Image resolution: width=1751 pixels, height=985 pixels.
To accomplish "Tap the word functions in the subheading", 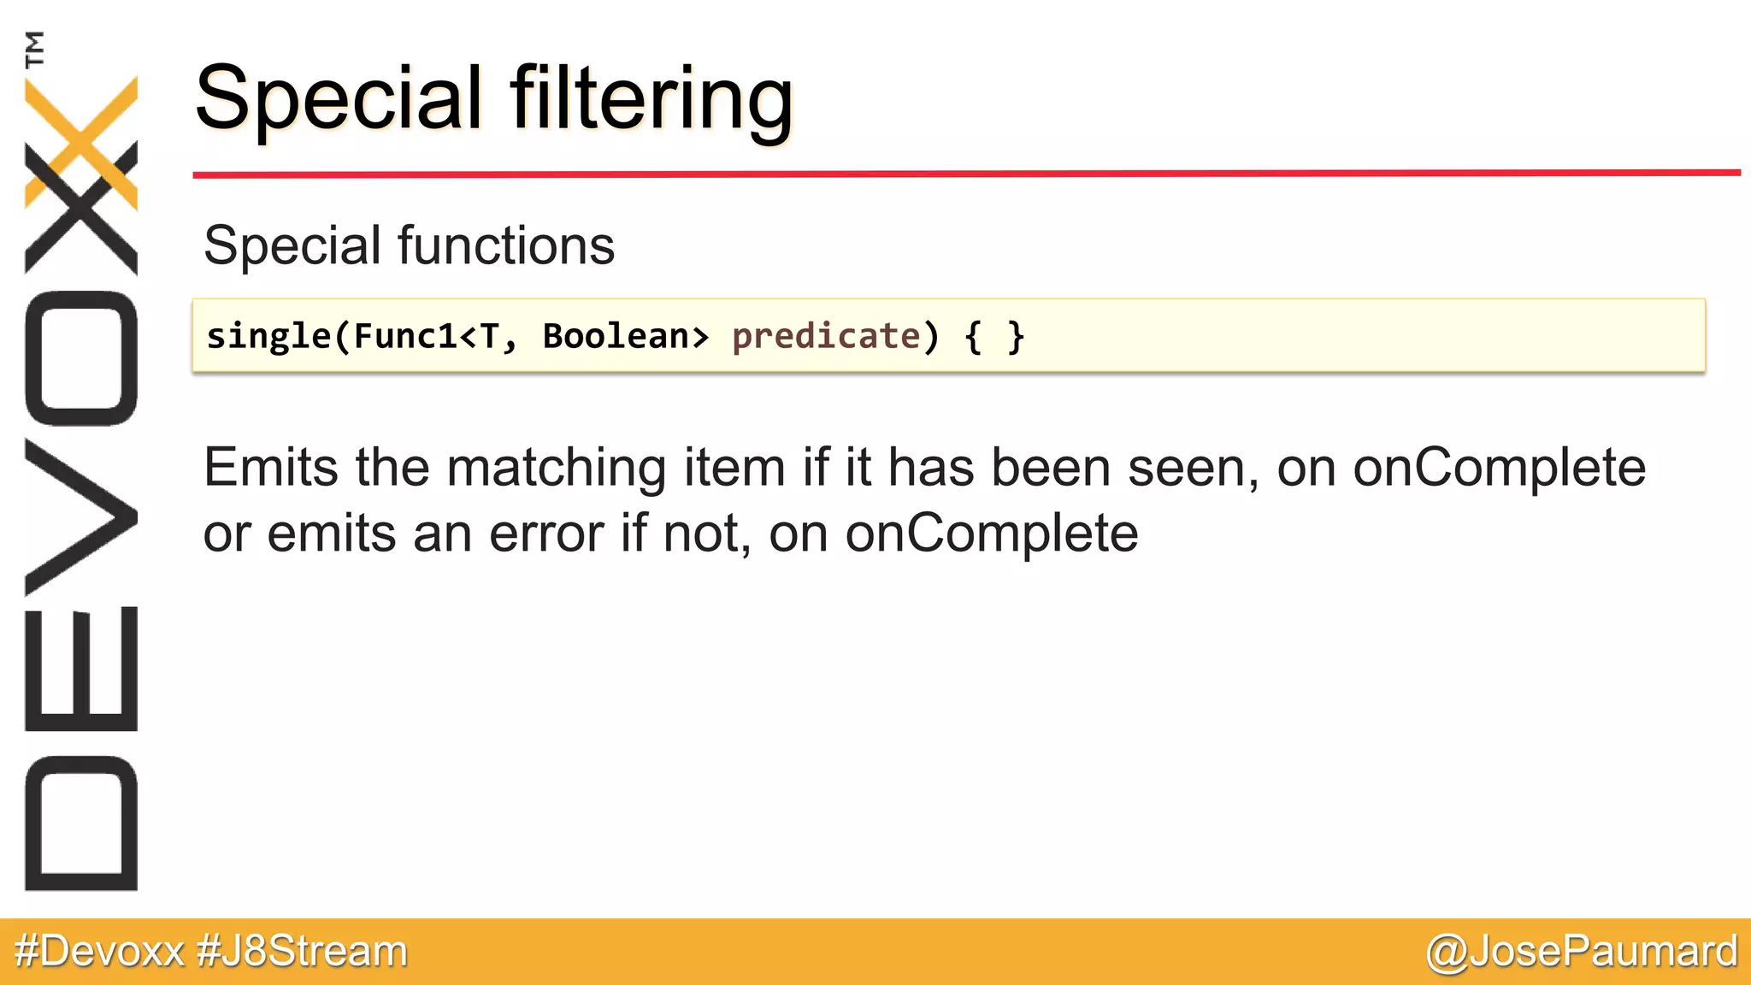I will coord(506,246).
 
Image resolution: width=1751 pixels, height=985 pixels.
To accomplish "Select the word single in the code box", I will coord(268,336).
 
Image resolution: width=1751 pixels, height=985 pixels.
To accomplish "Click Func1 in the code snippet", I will coord(405,336).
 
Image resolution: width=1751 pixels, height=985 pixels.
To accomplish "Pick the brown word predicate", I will coord(826,336).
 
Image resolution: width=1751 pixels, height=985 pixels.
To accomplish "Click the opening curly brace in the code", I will coord(973,336).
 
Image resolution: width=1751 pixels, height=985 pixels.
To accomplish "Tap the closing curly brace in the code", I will coord(1015,336).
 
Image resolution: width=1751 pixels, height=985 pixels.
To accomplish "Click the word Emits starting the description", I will coord(271,468).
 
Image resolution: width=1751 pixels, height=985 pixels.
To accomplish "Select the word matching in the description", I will coord(557,469).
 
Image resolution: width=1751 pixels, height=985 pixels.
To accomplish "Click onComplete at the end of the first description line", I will coord(1499,468).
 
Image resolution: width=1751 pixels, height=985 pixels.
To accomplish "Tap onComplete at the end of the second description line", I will coord(992,534).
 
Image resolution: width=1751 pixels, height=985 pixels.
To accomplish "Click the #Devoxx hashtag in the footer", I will coord(100,951).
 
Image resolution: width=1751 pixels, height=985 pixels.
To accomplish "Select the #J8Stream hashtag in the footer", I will coord(302,951).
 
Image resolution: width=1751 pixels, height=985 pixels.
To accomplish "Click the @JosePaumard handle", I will coord(1582,951).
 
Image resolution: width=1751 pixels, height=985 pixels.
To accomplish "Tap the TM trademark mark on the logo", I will coord(34,49).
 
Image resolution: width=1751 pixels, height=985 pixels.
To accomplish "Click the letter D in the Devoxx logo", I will coord(81,823).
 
